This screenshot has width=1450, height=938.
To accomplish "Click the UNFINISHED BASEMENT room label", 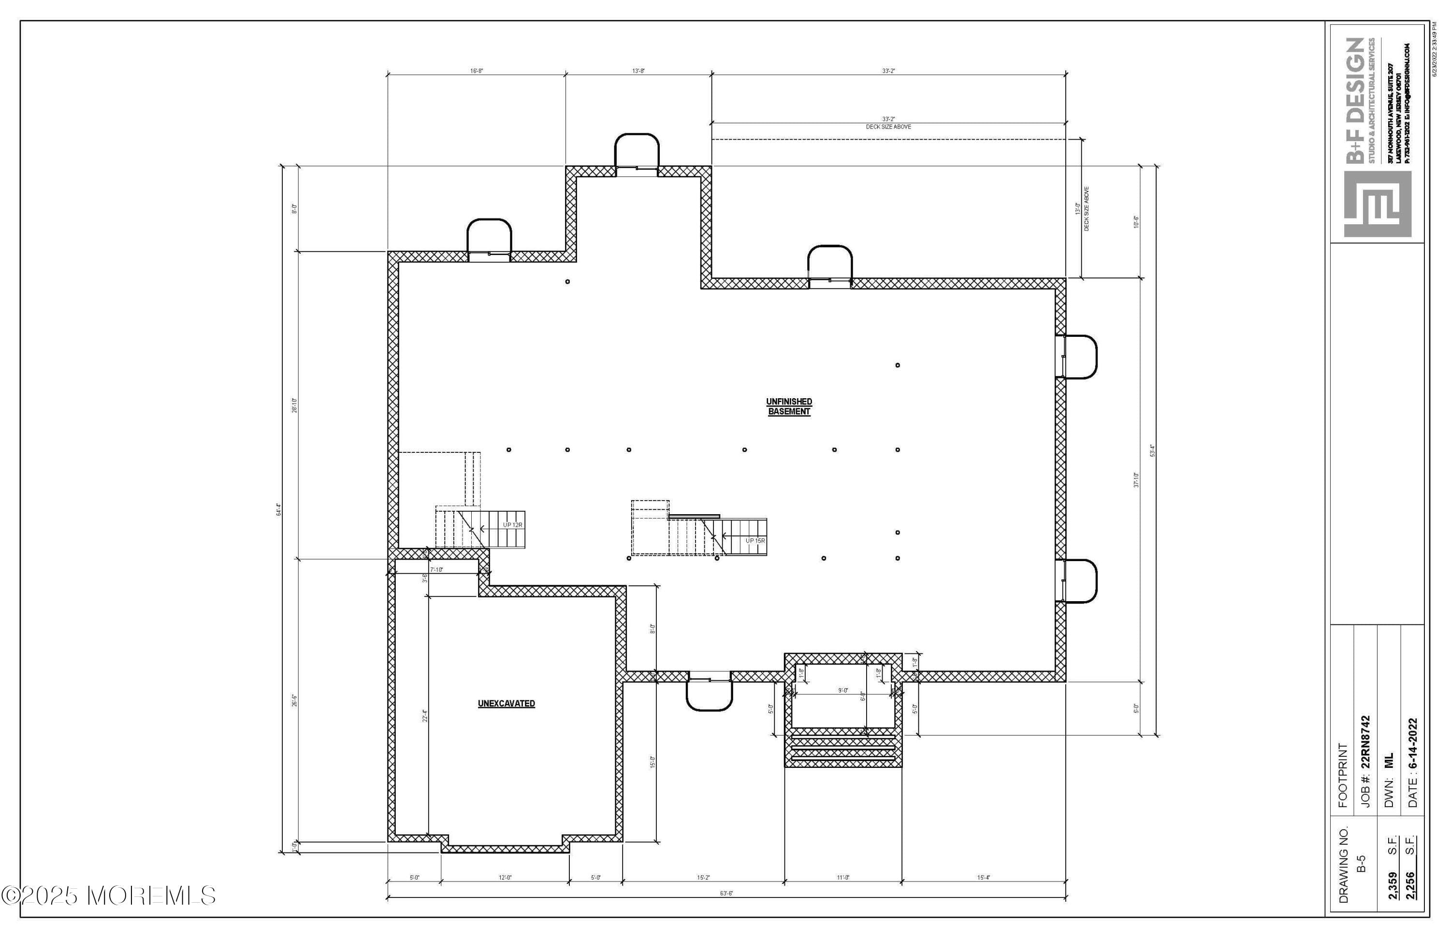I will point(788,406).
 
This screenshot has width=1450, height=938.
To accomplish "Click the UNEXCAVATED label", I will point(506,704).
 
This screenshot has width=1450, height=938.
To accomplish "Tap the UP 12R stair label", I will point(512,524).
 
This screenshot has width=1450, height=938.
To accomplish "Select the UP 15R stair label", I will point(755,540).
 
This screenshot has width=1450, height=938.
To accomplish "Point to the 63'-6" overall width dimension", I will point(726,894).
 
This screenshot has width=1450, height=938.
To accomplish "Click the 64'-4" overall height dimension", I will point(279,509).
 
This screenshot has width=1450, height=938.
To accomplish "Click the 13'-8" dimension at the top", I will point(638,71).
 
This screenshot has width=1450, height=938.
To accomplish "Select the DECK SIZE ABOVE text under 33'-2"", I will point(888,127).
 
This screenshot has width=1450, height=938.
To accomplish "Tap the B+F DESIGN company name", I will point(1356,101).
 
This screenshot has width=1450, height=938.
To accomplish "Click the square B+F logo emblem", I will point(1377,204).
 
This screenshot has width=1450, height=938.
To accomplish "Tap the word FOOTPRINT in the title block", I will point(1343,775).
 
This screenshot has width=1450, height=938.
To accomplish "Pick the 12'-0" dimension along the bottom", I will point(505,878).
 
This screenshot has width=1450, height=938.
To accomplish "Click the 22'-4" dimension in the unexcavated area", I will point(425,716).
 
